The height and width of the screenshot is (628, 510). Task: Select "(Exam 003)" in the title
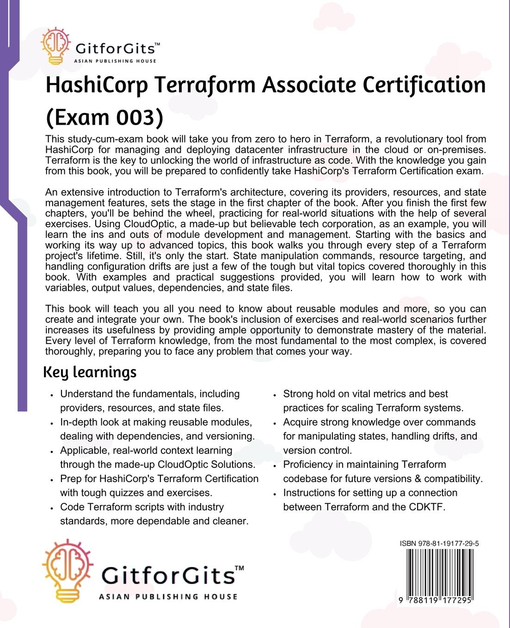[104, 117]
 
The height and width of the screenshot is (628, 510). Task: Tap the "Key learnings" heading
[90, 372]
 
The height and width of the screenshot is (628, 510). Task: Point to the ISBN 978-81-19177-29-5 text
[439, 543]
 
